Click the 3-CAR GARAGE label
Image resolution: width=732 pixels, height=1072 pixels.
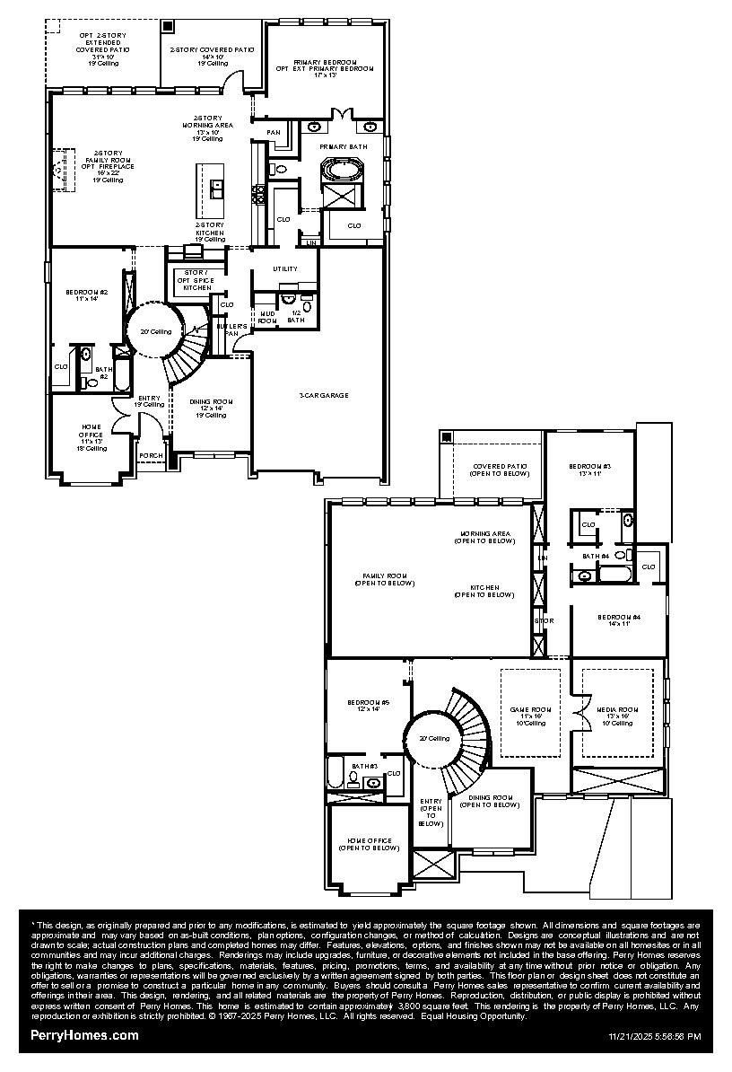click(x=324, y=395)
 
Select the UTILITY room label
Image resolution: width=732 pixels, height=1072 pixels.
click(x=284, y=268)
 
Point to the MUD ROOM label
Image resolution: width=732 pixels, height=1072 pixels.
click(x=267, y=317)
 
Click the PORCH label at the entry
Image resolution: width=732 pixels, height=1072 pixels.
click(x=151, y=455)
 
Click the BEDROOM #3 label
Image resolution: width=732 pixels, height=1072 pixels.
click(x=589, y=470)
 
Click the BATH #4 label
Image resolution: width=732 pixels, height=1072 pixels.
click(x=597, y=557)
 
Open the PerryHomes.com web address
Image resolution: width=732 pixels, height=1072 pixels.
click(x=84, y=1035)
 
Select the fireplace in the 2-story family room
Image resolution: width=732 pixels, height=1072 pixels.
click(x=59, y=169)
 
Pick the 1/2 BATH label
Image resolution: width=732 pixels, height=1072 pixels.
click(x=295, y=316)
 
